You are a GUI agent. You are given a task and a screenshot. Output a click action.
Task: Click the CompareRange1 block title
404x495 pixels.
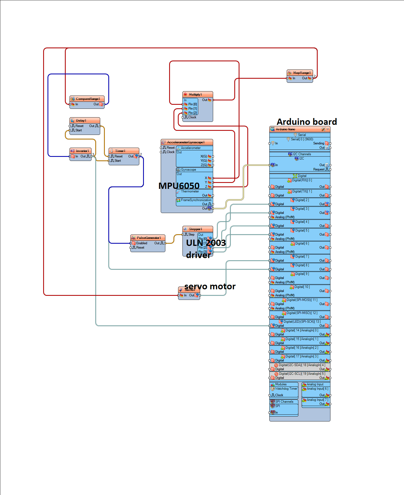point(88,99)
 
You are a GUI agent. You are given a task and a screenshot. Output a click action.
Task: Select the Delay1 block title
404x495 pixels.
point(81,120)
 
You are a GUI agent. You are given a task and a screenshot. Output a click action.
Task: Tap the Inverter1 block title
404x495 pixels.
point(82,151)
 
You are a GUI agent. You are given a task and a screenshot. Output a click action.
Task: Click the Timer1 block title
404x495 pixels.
point(120,151)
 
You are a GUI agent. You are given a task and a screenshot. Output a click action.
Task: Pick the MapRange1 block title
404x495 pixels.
point(302,73)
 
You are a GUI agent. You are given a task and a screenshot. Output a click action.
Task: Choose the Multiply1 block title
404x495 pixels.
point(195,94)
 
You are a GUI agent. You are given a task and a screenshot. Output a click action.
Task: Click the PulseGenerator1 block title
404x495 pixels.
point(149,238)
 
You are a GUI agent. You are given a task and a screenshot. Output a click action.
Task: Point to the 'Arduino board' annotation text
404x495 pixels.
point(307,122)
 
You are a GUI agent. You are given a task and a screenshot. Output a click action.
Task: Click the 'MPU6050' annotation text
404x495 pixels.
point(179,186)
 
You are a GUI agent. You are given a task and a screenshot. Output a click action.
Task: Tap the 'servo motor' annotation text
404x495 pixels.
point(210,286)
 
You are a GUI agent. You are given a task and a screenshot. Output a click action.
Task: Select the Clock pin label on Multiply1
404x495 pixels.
point(192,117)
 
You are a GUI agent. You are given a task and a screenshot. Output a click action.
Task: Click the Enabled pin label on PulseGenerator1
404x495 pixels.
point(141,243)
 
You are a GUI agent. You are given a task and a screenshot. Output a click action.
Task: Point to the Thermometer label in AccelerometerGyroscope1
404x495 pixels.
point(190,191)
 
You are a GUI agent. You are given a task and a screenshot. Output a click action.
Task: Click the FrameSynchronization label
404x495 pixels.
point(196,200)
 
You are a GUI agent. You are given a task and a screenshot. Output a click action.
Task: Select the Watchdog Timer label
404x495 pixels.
point(286,389)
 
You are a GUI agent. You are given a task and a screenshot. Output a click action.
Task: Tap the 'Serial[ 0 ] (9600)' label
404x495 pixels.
point(302,139)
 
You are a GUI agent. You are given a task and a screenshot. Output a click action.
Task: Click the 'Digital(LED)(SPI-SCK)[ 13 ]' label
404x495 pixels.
point(302,322)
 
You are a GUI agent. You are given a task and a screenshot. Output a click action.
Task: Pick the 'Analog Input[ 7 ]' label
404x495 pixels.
point(317,400)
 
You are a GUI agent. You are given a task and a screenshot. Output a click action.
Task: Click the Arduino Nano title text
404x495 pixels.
point(285,129)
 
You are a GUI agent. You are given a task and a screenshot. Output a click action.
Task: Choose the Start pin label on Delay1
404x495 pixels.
point(78,130)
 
